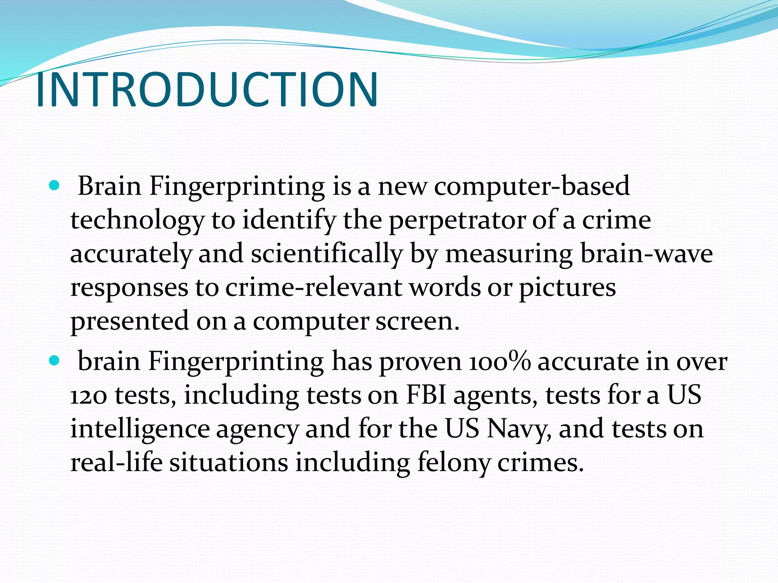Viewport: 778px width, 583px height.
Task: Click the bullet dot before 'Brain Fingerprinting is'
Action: (x=55, y=186)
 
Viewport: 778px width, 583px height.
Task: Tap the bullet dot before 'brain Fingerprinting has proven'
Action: (x=55, y=361)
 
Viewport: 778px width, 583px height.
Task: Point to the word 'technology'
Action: (x=137, y=220)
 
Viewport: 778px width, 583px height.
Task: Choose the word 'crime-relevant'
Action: (x=313, y=287)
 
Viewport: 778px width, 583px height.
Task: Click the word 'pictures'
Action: (x=567, y=287)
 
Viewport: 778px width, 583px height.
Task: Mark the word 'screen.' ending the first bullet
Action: (x=417, y=321)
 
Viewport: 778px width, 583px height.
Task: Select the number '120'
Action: (x=88, y=395)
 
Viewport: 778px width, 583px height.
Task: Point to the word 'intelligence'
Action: (x=140, y=429)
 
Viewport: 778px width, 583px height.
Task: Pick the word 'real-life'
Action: (x=117, y=462)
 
